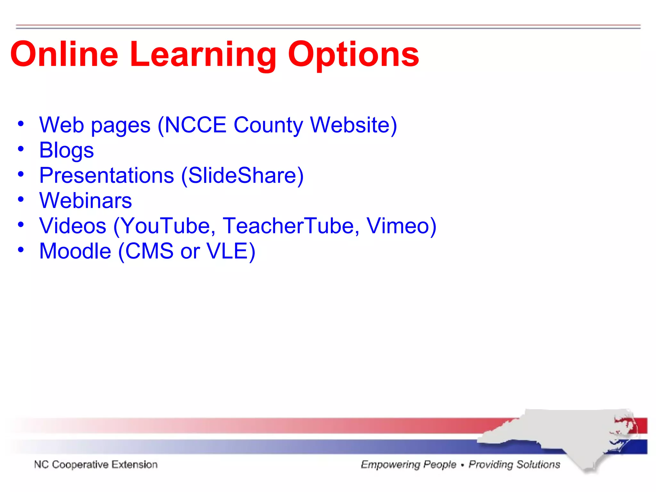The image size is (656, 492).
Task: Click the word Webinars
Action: [85, 201]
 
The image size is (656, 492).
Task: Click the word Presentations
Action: [107, 176]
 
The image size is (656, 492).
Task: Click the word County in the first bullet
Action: [268, 125]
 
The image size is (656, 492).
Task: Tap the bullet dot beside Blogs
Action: [21, 149]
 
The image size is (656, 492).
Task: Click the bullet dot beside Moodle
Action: [21, 250]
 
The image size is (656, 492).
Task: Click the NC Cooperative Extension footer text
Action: [96, 464]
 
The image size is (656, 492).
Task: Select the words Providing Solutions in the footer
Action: [514, 464]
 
